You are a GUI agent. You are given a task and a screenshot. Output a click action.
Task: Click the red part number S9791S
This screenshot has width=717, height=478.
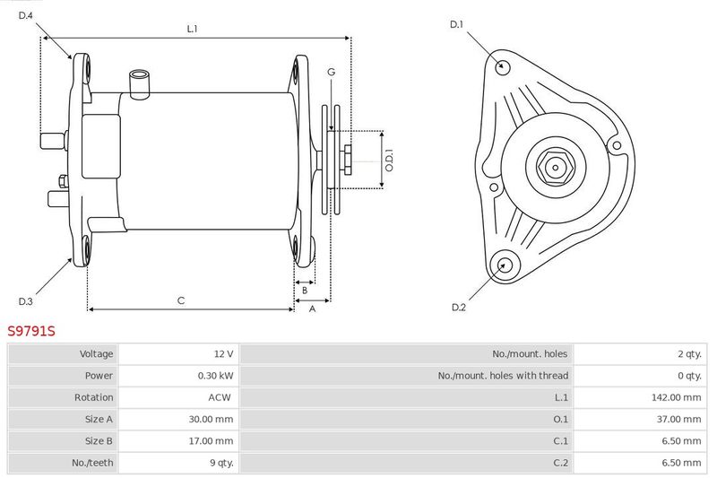(31, 331)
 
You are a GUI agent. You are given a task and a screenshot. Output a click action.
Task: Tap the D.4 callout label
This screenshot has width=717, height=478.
(26, 15)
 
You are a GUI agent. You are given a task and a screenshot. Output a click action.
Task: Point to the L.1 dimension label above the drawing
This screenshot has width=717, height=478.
(192, 29)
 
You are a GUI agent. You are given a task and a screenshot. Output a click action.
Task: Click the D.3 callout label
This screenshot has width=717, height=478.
(26, 301)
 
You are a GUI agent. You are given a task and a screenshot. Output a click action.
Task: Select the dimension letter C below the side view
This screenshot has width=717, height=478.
(181, 300)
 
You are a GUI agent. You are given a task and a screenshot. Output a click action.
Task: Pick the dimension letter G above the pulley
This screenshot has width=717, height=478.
(331, 72)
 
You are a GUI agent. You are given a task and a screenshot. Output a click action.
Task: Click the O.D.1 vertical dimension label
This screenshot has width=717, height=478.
(389, 161)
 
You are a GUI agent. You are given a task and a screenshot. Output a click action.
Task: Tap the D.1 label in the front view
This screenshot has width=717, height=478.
(457, 24)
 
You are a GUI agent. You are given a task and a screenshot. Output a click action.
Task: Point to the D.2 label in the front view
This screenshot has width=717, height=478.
(459, 308)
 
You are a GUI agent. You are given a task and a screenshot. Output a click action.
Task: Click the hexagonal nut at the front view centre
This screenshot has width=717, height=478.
(555, 168)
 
